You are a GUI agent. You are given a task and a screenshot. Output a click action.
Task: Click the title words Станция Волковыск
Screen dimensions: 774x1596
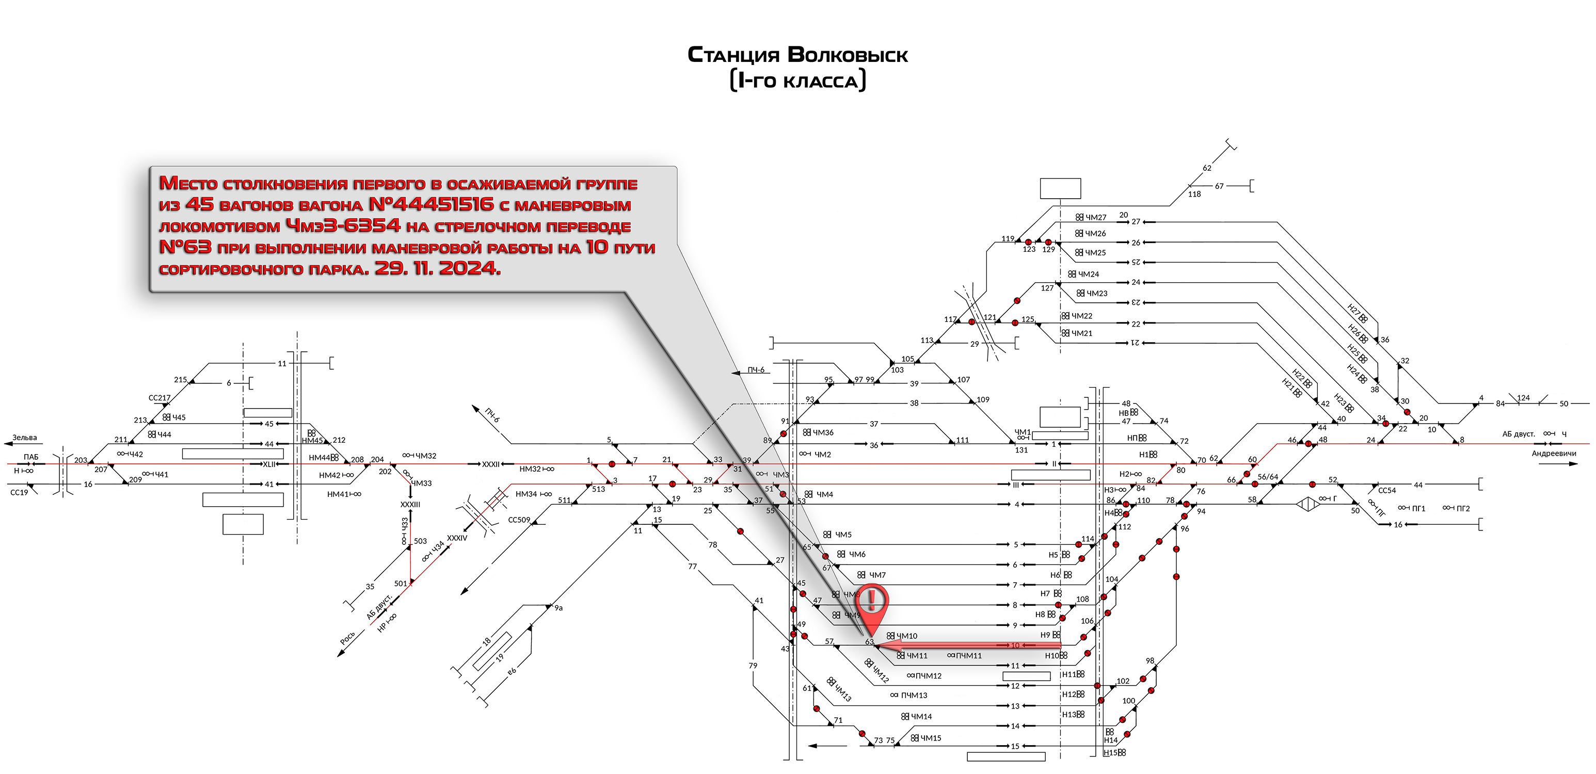point(797,55)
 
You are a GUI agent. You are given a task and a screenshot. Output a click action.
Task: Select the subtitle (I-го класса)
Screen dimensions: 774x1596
point(797,81)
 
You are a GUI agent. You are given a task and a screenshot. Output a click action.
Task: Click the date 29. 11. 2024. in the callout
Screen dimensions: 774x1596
point(437,268)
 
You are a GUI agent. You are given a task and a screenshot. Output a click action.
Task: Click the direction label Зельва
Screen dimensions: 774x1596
point(25,438)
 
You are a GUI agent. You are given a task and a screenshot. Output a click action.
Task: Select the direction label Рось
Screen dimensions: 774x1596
point(347,638)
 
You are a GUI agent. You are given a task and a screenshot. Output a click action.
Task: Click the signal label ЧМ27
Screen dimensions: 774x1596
point(1095,217)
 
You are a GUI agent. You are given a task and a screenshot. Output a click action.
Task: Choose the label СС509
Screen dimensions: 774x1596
point(519,520)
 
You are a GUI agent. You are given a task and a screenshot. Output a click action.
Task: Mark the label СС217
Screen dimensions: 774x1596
point(159,398)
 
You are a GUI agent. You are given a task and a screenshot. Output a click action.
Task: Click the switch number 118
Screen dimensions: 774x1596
point(1194,195)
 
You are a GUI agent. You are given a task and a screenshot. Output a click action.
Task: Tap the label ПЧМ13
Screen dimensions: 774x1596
point(914,696)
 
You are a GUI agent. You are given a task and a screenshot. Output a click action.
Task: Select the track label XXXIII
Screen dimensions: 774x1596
point(410,505)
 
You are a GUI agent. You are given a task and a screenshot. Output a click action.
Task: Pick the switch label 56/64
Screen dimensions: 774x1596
point(1268,477)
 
